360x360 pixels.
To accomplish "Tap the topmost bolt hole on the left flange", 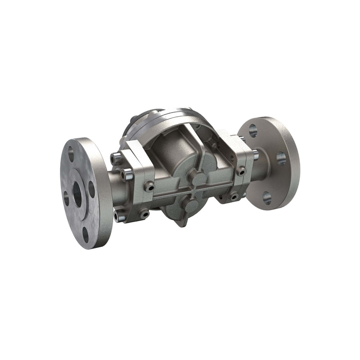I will [71, 153].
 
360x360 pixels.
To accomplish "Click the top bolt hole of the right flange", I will [253, 131].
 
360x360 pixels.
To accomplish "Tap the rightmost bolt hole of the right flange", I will [281, 158].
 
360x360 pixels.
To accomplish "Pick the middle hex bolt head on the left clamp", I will [127, 175].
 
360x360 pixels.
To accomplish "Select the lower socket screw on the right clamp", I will [235, 195].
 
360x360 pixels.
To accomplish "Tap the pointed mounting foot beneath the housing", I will [181, 223].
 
